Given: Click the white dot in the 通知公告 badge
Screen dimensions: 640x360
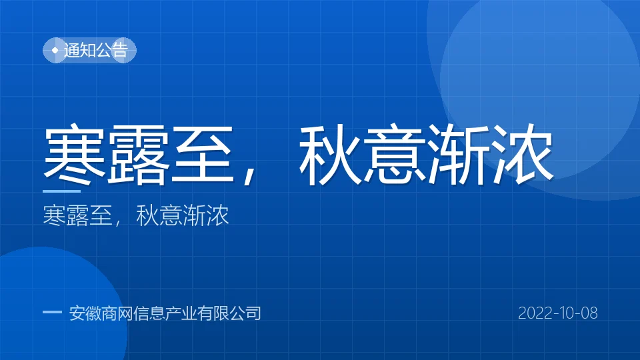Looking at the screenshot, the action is click(55, 51).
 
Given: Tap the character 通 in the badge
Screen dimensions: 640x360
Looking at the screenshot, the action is click(72, 50).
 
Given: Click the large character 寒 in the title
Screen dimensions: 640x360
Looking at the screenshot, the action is click(74, 154).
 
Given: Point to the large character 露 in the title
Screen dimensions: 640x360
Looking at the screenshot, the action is click(139, 154).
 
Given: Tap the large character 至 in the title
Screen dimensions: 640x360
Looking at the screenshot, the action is click(202, 154).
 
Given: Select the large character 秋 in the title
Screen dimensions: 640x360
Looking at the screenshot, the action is click(331, 154).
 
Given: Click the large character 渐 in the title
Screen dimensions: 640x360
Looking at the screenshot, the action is click(459, 154).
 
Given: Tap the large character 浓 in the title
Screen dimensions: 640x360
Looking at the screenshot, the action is click(523, 154).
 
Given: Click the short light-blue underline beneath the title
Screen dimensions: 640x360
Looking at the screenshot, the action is click(61, 191).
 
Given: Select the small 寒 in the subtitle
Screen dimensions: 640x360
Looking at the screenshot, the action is click(54, 215).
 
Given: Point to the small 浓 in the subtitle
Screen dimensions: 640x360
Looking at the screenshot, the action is click(217, 215).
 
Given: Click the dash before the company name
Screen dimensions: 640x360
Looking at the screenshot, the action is click(52, 312).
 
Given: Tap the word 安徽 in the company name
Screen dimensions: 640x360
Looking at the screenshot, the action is click(85, 313).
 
